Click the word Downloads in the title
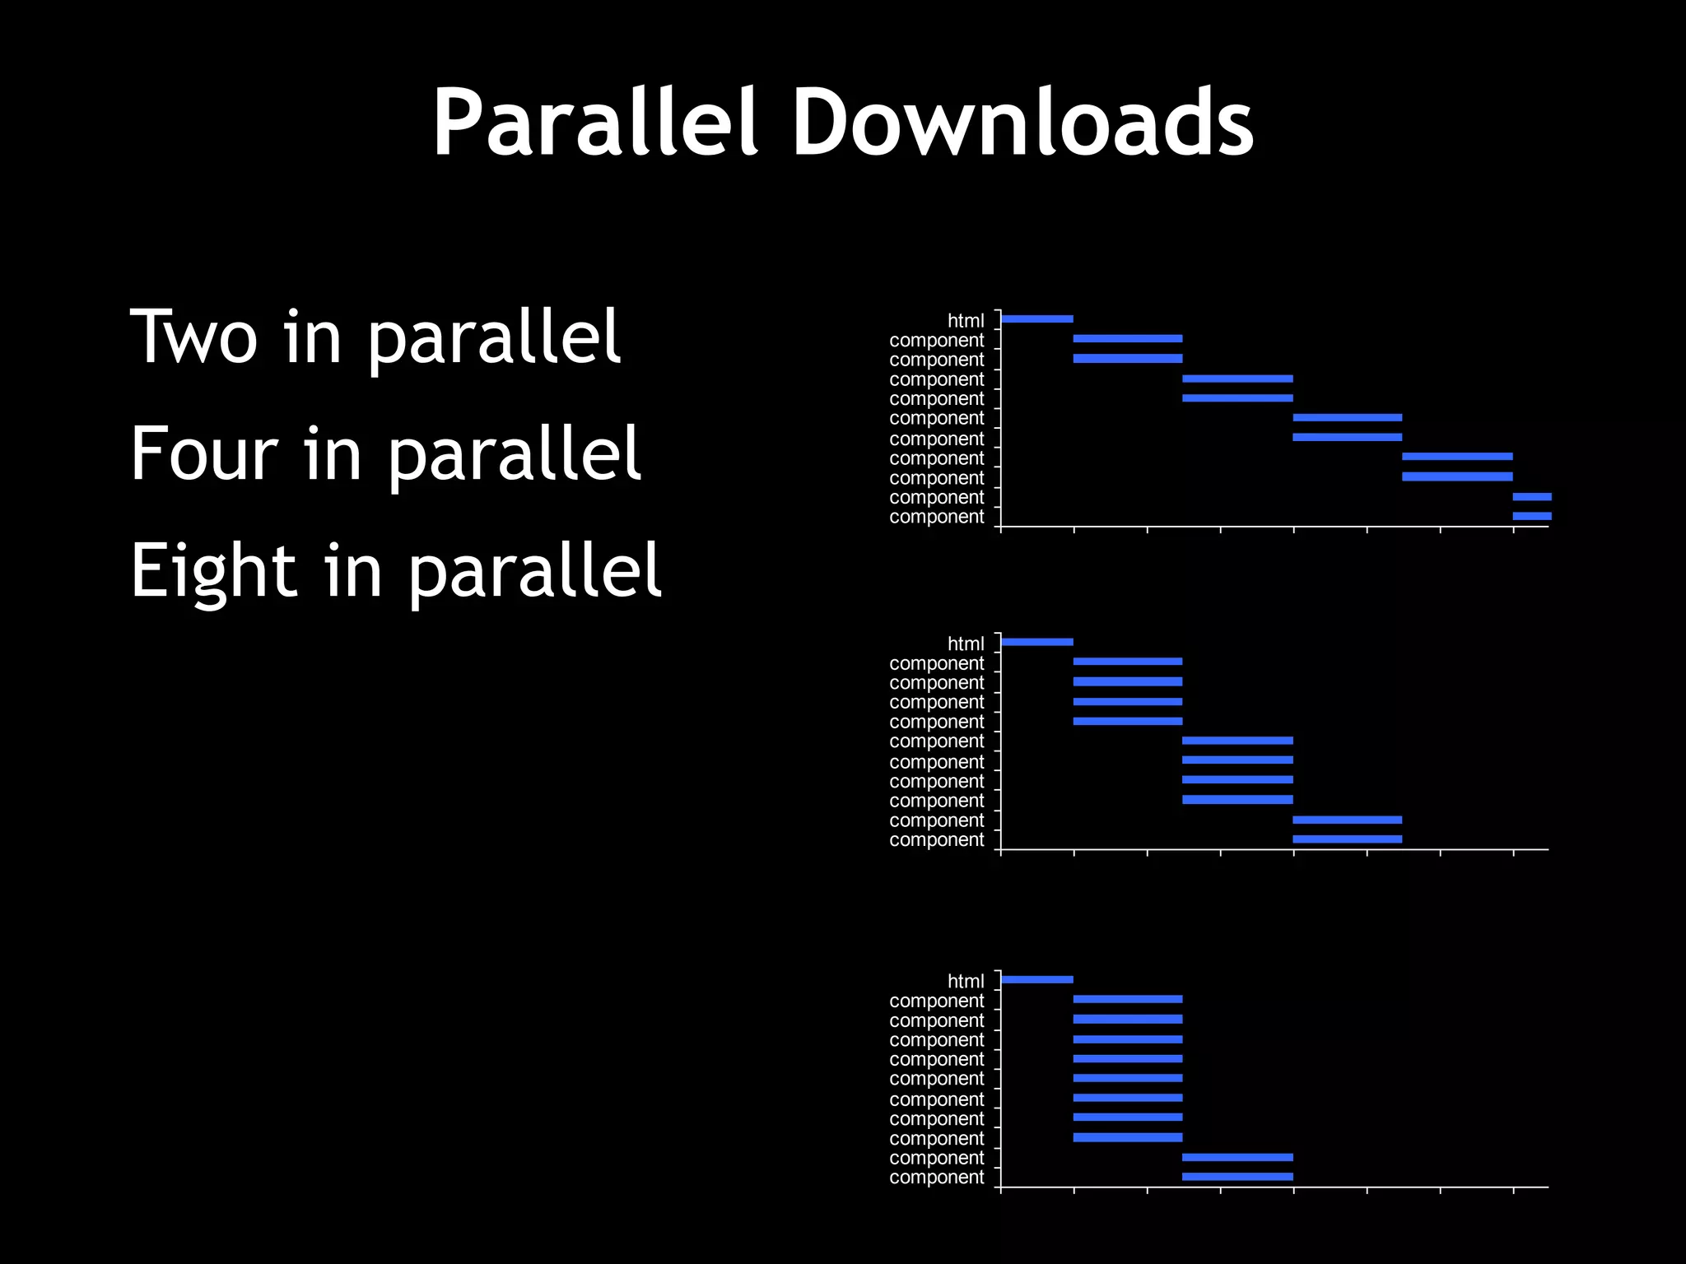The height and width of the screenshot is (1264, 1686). click(x=1022, y=123)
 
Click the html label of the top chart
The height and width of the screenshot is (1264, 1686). click(x=966, y=321)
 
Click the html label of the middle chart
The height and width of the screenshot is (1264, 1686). click(x=966, y=644)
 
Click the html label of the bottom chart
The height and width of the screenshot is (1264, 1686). click(x=966, y=982)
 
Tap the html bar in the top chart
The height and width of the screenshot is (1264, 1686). click(x=1037, y=318)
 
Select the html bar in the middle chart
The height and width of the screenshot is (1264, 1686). click(x=1037, y=642)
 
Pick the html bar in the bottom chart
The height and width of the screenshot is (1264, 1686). click(x=1037, y=979)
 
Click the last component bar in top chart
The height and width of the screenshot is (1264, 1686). click(x=1532, y=516)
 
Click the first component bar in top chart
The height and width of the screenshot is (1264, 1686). click(x=1128, y=338)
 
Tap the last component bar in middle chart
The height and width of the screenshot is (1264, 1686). click(x=1347, y=839)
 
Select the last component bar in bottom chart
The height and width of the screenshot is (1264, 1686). click(x=1237, y=1177)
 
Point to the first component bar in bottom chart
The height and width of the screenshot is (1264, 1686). click(x=1128, y=999)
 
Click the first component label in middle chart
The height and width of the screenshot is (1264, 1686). click(x=937, y=663)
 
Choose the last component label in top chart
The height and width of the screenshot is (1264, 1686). click(x=937, y=517)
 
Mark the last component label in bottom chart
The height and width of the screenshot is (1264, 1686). click(x=937, y=1178)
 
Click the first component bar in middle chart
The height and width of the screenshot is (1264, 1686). click(x=1128, y=662)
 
